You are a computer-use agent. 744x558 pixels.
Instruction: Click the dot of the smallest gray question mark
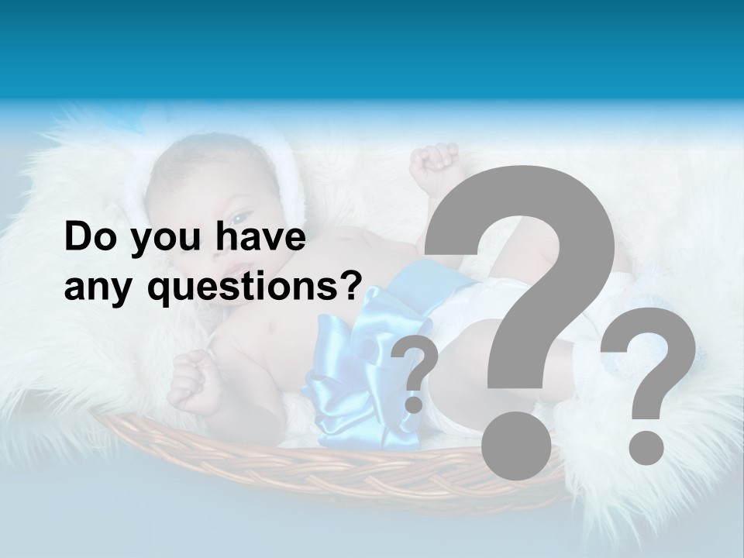415,405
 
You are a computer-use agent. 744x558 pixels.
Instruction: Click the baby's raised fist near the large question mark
436,167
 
